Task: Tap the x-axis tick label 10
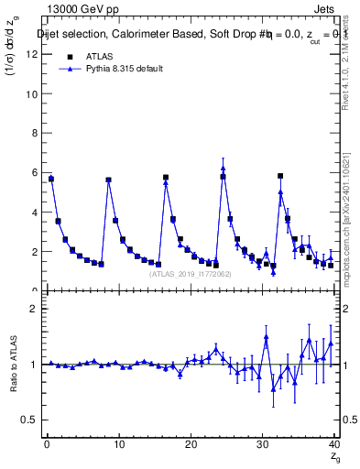119,444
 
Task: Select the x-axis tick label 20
191,444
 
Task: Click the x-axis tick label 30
264,444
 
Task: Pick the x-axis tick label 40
335,444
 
